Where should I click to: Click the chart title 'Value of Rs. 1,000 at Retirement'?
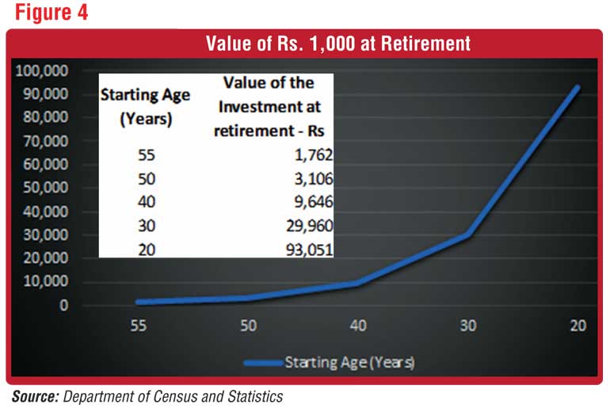click(x=338, y=44)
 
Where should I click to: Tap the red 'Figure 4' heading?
click(x=51, y=12)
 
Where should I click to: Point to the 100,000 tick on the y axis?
click(x=42, y=71)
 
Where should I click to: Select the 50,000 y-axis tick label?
click(x=45, y=188)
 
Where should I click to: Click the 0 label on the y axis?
click(x=63, y=305)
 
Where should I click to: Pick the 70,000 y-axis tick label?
click(x=45, y=141)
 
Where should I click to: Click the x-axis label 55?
click(x=139, y=326)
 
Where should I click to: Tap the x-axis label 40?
click(x=358, y=326)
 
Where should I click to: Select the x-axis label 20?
click(x=578, y=326)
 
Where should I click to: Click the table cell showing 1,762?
click(x=314, y=155)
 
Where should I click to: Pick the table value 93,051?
click(x=310, y=250)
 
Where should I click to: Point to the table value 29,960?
click(x=310, y=226)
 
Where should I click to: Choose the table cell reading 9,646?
click(x=314, y=202)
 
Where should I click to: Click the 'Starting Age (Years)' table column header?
click(x=146, y=107)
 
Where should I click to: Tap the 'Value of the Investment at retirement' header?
click(x=269, y=107)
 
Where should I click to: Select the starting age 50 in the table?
click(x=147, y=179)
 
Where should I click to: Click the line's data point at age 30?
click(x=468, y=235)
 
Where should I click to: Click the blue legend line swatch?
click(x=263, y=364)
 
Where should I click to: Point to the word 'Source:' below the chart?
click(x=36, y=397)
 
